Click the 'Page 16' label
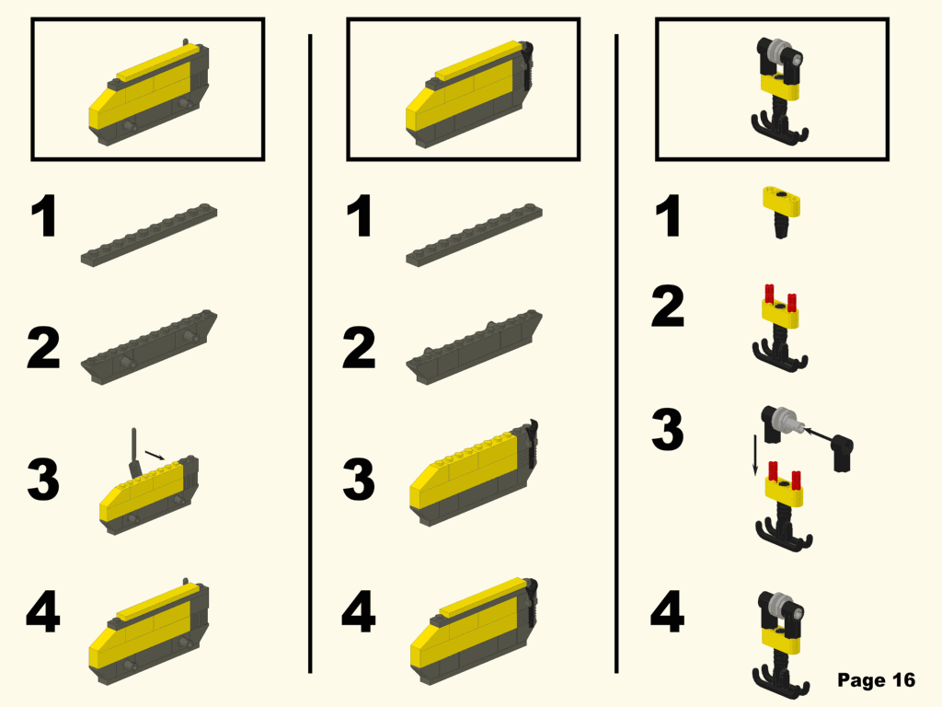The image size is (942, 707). (x=876, y=680)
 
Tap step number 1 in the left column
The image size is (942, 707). (x=43, y=218)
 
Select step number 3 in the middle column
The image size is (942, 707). (x=359, y=480)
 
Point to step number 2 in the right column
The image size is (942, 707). (x=668, y=307)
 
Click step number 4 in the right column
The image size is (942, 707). (x=668, y=613)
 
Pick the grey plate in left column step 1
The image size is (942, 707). (x=150, y=236)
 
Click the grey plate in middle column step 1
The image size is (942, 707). (x=475, y=236)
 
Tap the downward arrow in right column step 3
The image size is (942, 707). (x=755, y=455)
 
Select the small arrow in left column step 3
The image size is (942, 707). (x=156, y=453)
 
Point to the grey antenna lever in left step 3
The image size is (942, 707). (x=134, y=447)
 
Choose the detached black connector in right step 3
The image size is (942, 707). (x=843, y=452)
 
